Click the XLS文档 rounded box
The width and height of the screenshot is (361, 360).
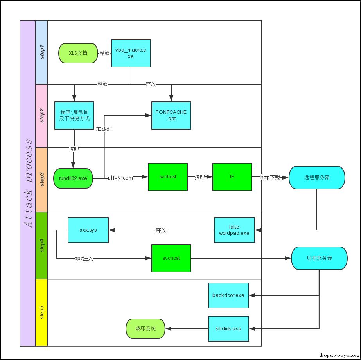[78, 53]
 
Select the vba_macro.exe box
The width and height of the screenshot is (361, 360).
[131, 53]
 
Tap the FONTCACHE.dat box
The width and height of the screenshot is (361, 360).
[171, 115]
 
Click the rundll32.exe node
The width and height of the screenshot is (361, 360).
[73, 178]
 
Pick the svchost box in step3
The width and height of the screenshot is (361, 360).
[167, 177]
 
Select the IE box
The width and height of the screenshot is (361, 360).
[232, 177]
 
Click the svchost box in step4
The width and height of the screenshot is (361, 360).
[171, 258]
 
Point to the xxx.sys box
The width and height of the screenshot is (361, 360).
[88, 230]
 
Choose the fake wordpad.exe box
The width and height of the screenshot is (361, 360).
[234, 230]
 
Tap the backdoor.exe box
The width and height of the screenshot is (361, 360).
[228, 295]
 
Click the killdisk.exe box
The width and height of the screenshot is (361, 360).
[228, 329]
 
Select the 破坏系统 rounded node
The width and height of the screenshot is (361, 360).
[145, 329]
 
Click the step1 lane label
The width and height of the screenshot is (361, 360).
[41, 52]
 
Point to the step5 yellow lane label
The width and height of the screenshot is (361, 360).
[41, 312]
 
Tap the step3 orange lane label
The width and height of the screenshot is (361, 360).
[41, 180]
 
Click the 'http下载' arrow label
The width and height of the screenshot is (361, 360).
[271, 178]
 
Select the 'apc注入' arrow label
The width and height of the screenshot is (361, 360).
[84, 259]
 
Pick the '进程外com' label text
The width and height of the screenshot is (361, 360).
[120, 178]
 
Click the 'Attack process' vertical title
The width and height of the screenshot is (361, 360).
[28, 183]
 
